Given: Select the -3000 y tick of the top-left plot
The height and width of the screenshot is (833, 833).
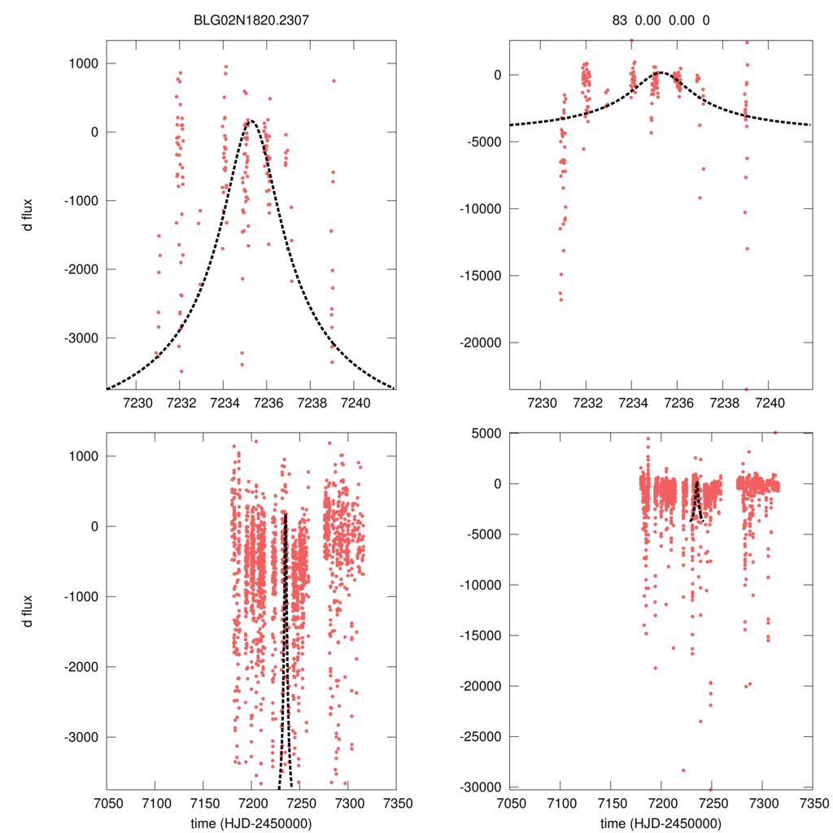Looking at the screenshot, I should coord(82,338).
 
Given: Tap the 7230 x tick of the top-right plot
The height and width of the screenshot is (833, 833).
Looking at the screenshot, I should coord(541,402).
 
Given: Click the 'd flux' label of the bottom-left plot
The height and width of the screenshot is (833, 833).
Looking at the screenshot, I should coord(28,611).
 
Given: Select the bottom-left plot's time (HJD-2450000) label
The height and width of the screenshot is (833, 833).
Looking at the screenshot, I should coord(251,823).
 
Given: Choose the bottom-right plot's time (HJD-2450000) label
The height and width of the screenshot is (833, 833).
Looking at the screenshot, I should coord(661,823).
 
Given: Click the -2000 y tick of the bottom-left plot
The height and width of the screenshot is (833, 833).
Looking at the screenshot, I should coord(82,667).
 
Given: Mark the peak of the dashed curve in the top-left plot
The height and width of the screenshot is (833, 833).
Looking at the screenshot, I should coord(251,121).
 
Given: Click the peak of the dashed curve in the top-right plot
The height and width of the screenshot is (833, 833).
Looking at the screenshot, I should coord(661,72).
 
